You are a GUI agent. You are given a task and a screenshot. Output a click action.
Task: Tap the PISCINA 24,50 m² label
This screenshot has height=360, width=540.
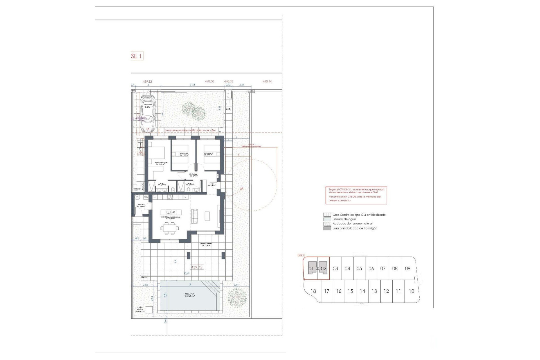point(190,295)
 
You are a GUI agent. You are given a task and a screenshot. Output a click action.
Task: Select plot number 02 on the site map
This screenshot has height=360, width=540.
point(323,269)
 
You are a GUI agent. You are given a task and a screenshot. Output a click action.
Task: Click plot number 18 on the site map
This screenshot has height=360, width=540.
point(313,291)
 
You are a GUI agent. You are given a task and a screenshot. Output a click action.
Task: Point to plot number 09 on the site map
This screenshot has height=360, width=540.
point(408,269)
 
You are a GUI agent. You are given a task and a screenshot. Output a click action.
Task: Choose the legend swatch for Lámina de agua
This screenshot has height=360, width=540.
point(327,219)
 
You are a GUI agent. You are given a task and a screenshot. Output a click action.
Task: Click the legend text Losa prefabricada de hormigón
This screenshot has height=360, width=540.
point(355,228)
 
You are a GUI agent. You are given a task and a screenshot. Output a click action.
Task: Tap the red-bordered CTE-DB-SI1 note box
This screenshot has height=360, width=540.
point(356,195)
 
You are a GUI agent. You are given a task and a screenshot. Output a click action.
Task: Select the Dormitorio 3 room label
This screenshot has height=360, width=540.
point(208,154)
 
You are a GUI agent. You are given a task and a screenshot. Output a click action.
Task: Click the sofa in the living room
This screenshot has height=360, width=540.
point(194,216)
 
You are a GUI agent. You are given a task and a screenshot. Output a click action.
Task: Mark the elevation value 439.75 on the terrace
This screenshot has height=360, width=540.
point(197,267)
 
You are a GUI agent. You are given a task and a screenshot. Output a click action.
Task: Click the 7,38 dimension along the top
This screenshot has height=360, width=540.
point(192,85)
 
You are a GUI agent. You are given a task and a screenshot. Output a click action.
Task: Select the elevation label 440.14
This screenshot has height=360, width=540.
point(267,82)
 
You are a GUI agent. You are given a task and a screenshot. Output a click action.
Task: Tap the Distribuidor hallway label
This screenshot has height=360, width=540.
point(193,175)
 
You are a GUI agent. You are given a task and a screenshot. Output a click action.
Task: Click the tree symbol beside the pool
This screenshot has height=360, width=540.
point(237,297)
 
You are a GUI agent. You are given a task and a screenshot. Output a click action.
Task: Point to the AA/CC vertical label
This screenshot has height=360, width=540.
point(142,187)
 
